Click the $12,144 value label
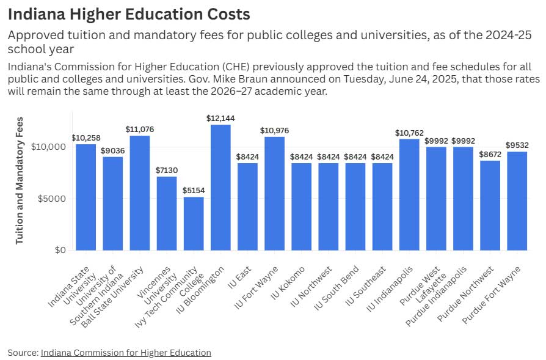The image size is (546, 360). point(220,119)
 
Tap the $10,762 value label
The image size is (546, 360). point(409,133)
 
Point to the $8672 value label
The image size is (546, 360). point(490,155)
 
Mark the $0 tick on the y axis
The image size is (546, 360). point(60,250)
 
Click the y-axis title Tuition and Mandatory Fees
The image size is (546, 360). point(20,180)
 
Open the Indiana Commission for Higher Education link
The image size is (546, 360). point(126,353)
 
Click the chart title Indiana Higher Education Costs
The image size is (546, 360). point(129,13)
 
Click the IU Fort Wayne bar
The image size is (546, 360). point(274,193)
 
